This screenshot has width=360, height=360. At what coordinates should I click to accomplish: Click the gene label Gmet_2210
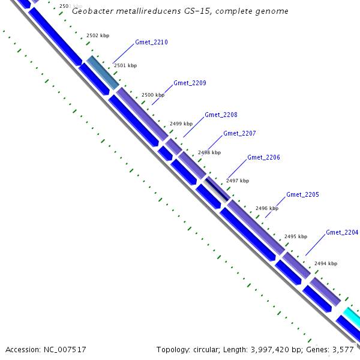pos(151,43)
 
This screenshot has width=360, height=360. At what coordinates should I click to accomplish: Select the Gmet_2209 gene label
pos(190,83)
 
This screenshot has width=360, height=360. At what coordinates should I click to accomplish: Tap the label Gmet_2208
pos(221,115)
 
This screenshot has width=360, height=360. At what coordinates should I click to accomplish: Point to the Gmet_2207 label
pos(239,133)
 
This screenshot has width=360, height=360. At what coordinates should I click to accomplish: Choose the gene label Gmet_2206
pos(263,157)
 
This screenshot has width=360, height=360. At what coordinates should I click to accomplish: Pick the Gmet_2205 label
pos(302,194)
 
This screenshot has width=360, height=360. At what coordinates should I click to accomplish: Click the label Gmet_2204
pos(342,232)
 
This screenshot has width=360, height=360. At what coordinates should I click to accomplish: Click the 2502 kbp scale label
pos(98,36)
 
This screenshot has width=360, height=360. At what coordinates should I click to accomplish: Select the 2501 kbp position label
pos(125,65)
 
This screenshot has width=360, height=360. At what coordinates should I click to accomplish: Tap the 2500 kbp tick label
pos(153,95)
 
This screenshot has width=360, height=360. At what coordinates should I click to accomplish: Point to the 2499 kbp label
pos(181,124)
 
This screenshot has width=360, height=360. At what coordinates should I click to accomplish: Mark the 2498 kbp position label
pos(209,152)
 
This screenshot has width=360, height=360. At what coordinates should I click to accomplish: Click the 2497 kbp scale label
pos(238,181)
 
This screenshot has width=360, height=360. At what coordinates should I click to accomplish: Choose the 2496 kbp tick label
pos(267,208)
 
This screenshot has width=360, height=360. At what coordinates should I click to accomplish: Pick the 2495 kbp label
pos(296,236)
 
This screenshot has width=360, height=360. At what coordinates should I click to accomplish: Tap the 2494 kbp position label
pos(326,263)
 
